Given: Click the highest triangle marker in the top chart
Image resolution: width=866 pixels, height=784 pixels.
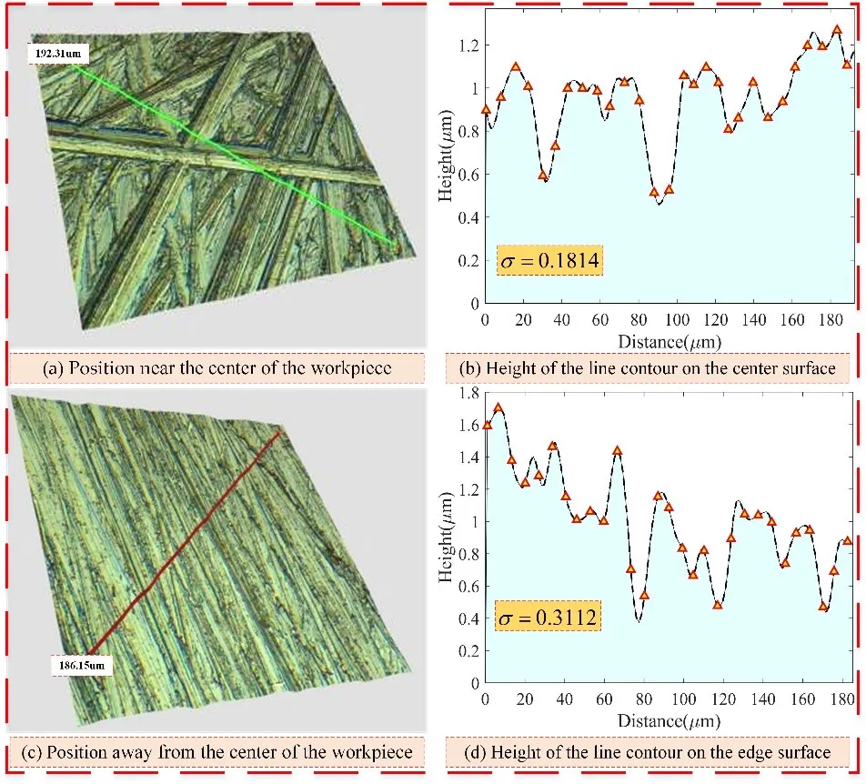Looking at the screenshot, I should point(837,30).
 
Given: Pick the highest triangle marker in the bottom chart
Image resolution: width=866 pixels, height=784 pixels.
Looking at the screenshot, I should point(498,407).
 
